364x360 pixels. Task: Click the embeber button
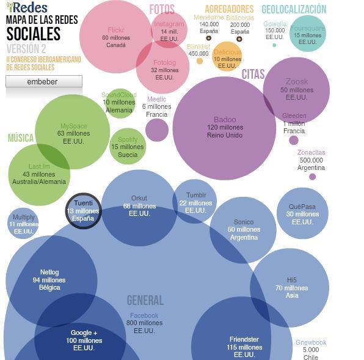pos(43,81)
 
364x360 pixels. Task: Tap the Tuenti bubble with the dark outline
pos(83,211)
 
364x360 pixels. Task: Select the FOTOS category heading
pos(162,10)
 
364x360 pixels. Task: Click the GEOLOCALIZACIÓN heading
pos(294,9)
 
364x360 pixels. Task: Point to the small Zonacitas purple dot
pos(312,177)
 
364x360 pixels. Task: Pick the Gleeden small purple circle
pos(294,141)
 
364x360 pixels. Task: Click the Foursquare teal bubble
pos(307,34)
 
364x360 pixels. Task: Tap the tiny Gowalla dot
pos(274,45)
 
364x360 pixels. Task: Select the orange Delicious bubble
pos(227,57)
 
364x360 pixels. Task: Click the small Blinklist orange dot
pos(200,61)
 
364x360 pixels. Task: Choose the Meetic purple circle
pos(157,130)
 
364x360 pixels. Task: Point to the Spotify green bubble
pos(128,147)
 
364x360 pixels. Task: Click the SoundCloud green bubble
pos(119,103)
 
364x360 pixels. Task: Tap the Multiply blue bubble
pos(24,224)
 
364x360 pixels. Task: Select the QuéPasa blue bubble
pos(302,213)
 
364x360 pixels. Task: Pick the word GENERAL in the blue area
pos(145,300)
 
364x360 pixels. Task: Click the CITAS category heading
pos(253,75)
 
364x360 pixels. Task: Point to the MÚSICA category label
pos(20,138)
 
